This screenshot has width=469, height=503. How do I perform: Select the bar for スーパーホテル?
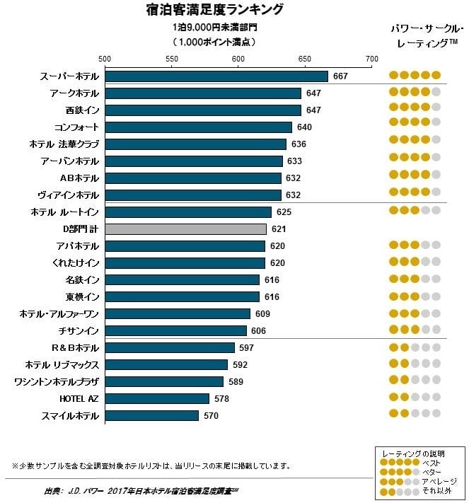(216, 76)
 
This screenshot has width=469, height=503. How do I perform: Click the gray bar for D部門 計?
(185, 229)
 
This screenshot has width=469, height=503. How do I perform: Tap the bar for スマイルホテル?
(151, 415)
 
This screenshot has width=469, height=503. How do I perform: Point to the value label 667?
(340, 76)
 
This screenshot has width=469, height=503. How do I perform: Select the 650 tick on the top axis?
(305, 59)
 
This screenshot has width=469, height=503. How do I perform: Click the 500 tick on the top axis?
(105, 59)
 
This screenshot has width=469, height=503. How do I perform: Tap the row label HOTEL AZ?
(81, 398)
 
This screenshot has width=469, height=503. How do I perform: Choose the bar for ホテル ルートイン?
(188, 212)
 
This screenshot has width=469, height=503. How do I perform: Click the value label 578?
(221, 398)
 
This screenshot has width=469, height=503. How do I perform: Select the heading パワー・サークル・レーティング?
(426, 35)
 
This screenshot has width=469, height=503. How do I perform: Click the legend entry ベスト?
(431, 462)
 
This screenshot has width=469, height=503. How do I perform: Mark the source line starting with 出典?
(141, 490)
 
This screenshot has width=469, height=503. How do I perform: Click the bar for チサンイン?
(175, 330)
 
